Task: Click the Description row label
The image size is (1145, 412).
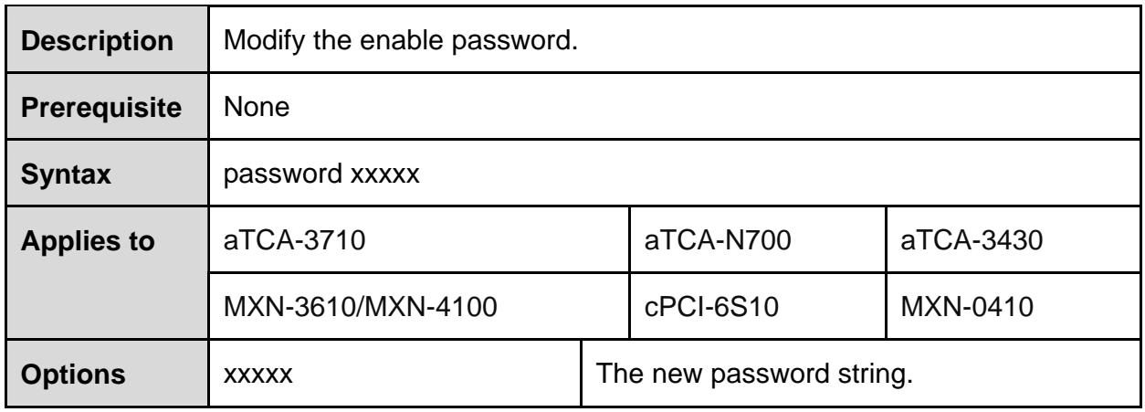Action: click(97, 41)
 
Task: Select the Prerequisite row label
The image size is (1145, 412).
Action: click(101, 108)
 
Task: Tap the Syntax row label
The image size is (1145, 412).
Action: click(66, 174)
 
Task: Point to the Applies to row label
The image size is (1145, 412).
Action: click(88, 241)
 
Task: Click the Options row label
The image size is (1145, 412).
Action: click(73, 375)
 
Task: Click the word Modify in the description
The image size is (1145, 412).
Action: click(264, 40)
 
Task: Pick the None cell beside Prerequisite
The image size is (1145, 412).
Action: click(257, 107)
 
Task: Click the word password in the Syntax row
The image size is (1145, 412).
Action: click(283, 174)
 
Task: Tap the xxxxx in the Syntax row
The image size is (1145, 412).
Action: click(385, 174)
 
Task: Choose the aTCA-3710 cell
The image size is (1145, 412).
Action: click(294, 240)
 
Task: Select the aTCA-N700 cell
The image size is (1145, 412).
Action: click(718, 240)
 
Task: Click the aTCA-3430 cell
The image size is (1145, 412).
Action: click(972, 240)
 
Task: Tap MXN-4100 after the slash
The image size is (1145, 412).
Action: click(431, 307)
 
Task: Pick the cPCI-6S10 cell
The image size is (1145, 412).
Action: click(711, 307)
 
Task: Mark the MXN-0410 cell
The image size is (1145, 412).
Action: click(967, 307)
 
